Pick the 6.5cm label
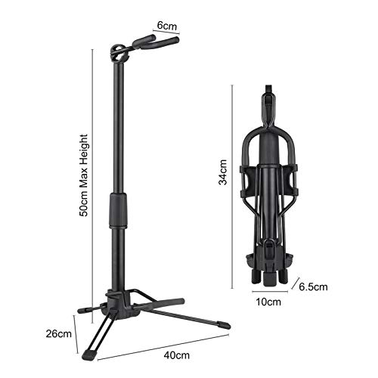tap(313, 288)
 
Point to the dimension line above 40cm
tap(163, 344)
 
